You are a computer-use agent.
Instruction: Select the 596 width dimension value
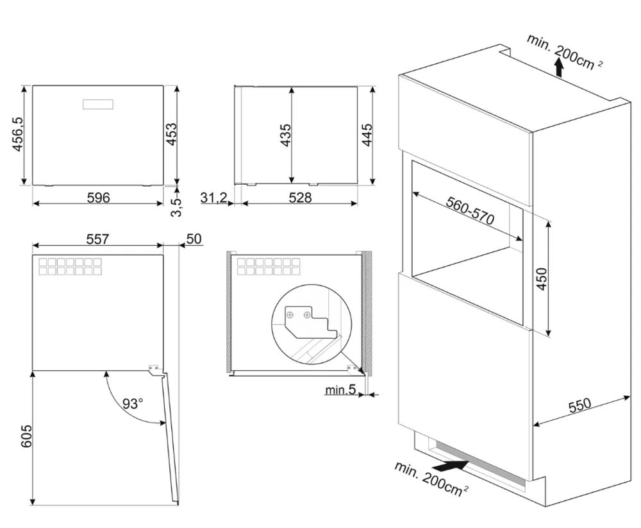pos(98,198)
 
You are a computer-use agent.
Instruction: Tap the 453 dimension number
pos(171,135)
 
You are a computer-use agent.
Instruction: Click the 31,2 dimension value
pos(214,198)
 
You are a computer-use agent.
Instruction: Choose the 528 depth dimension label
pos(299,198)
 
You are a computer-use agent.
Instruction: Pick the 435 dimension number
pos(285,135)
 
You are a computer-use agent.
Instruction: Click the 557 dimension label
pos(97,239)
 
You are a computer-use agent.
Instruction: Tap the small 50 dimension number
pos(194,239)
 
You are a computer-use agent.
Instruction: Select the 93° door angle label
pos(133,404)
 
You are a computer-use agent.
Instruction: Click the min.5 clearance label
pos(340,389)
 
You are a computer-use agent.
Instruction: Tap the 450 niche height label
pos(542,277)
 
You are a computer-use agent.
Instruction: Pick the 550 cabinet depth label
pos(579,406)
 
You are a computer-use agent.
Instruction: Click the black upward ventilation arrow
pos(559,65)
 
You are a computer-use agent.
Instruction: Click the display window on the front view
pos(98,104)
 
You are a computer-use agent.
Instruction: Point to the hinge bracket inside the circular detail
pos(303,319)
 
